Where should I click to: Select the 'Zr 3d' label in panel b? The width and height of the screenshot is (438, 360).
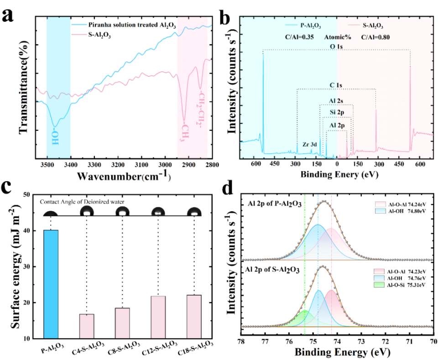coord(309,144)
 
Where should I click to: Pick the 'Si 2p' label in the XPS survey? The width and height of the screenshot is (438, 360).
coord(337,110)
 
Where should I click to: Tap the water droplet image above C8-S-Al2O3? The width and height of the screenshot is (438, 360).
coord(122,212)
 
